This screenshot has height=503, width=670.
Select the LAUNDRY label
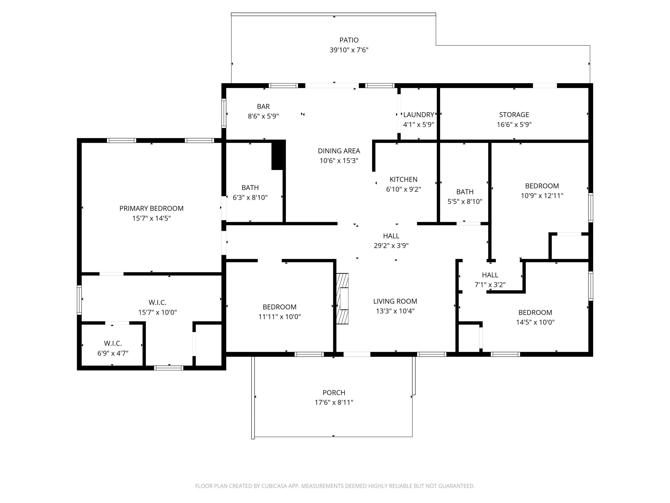419,115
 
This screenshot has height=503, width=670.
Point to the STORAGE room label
514,115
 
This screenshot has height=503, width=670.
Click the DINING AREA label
339,151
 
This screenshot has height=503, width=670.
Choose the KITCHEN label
403,179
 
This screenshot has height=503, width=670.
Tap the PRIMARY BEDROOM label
151,208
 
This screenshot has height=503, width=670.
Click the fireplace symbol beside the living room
342,299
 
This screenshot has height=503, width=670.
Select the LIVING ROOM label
395,301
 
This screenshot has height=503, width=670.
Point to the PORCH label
334,393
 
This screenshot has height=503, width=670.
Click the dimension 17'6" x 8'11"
334,402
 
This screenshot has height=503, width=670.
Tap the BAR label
263,106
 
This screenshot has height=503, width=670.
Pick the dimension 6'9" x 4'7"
113,353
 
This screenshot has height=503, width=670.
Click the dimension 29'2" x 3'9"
391,246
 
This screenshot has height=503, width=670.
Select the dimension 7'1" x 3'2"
490,285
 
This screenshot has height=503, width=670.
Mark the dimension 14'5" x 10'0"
535,322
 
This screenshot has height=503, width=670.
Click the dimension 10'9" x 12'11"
542,196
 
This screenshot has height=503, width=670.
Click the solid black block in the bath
278,155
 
